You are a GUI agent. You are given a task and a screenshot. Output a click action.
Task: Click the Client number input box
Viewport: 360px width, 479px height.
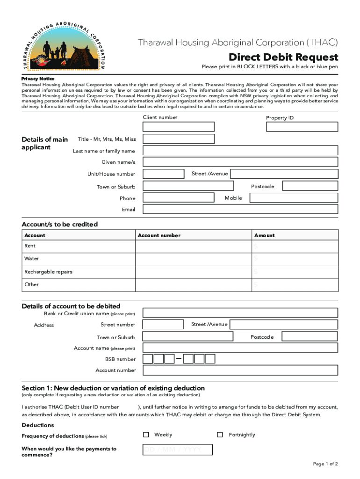[x=179, y=127]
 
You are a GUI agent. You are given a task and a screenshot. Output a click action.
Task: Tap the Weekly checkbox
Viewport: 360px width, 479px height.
[x=146, y=435]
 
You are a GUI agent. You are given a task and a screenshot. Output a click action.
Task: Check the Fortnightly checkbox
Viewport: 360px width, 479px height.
[x=220, y=435]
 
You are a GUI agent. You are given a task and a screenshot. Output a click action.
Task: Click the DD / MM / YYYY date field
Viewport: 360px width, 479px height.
[x=177, y=450]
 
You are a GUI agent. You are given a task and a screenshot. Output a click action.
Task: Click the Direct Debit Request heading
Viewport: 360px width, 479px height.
[x=283, y=57]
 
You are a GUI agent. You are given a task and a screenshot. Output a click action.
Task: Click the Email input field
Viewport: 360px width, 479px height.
[x=240, y=210]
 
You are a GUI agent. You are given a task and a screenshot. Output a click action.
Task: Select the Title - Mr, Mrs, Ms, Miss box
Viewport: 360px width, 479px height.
[x=179, y=139]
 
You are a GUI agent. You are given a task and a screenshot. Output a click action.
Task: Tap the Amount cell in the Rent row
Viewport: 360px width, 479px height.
[x=295, y=246]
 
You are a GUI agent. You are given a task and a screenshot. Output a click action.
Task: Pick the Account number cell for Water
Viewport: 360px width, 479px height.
[x=193, y=259]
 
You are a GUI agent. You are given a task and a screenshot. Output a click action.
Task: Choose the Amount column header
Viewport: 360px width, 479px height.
[x=265, y=235]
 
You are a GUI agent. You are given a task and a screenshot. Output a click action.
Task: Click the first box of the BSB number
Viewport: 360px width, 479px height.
[x=148, y=359]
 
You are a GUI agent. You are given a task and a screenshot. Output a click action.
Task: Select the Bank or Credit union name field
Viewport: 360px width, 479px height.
[x=240, y=313]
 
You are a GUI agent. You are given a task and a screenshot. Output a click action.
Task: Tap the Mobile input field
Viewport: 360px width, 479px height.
[x=293, y=198]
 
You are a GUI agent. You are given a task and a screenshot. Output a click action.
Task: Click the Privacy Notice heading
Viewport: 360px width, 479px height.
[x=38, y=79]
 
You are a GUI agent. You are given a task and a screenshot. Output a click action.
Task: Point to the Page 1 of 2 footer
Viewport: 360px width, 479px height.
[x=325, y=464]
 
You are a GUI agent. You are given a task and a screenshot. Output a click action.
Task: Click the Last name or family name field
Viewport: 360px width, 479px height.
[x=240, y=151]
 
